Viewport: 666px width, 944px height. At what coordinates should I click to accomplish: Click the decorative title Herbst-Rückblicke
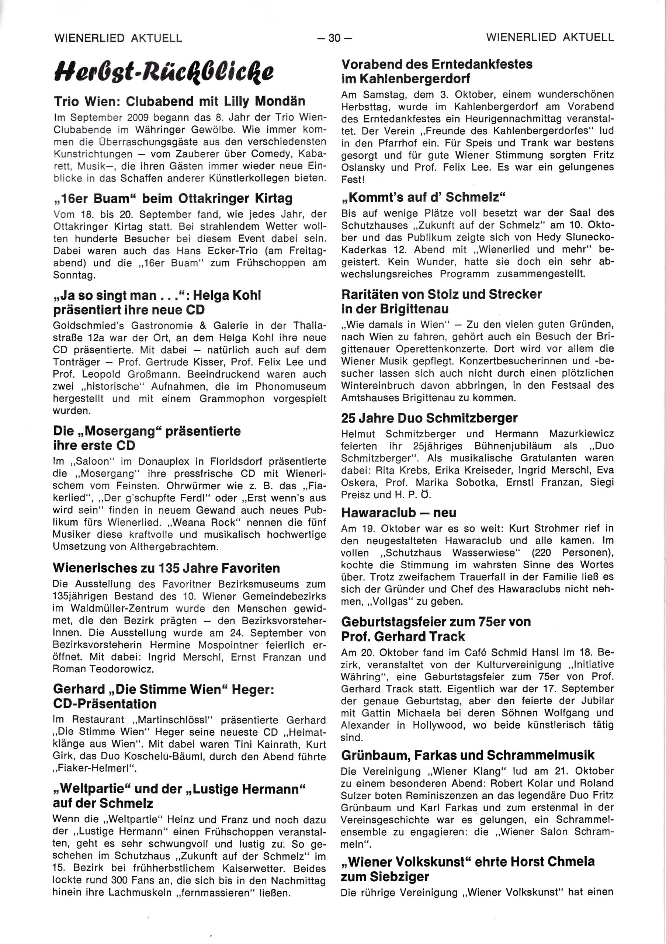pos(163,72)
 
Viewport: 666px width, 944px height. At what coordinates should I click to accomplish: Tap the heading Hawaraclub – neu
pos(399,513)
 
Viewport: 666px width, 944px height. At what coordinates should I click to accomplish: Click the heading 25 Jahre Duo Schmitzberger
pos(429,418)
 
